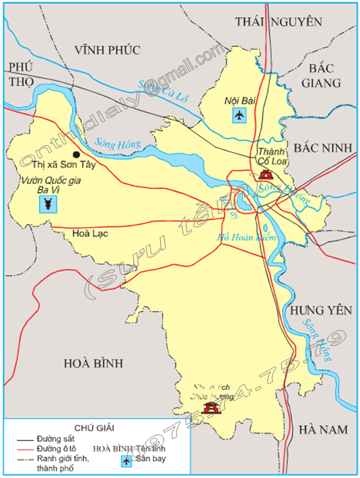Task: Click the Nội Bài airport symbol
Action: (x=239, y=115)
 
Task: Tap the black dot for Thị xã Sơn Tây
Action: (x=76, y=154)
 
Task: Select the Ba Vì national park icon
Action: (x=48, y=204)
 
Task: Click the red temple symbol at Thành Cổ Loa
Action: (x=265, y=175)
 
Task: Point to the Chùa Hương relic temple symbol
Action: (x=213, y=407)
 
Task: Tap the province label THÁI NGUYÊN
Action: (x=279, y=22)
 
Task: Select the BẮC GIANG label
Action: (x=321, y=75)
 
